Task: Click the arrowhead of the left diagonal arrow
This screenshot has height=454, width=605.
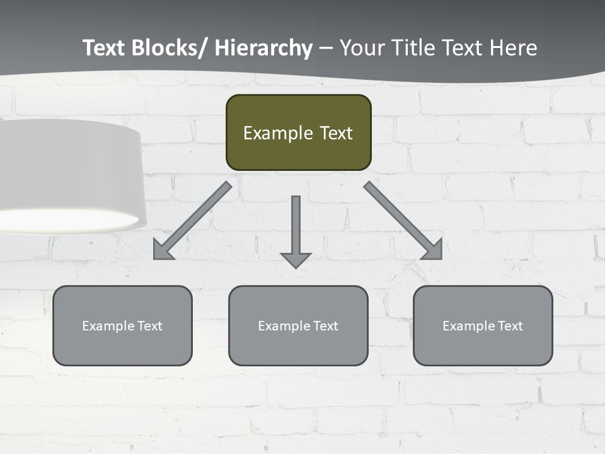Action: click(162, 251)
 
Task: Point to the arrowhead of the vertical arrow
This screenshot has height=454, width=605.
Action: click(296, 259)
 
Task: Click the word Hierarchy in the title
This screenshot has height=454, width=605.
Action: click(263, 48)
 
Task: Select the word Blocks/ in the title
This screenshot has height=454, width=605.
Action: click(166, 48)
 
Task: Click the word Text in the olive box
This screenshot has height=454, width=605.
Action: click(335, 133)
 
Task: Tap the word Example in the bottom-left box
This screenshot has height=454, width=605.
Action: click(108, 326)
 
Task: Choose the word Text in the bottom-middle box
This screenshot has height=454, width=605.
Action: click(323, 326)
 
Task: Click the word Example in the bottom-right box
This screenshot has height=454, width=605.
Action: click(468, 326)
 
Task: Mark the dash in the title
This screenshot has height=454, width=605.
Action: click(326, 49)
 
